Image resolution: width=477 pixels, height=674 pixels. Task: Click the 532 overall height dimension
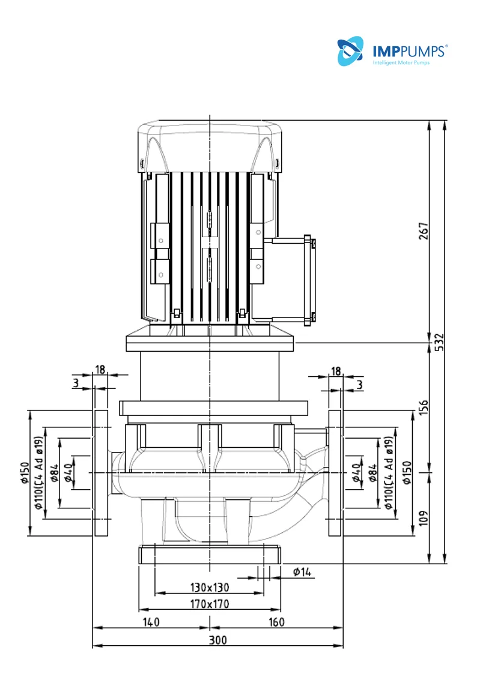pyautogui.click(x=439, y=342)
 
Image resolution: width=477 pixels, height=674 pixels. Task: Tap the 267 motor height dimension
pyautogui.click(x=424, y=231)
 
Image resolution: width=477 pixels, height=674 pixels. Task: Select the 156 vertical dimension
pyautogui.click(x=424, y=408)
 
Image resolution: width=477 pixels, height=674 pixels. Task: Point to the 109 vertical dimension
pyautogui.click(x=424, y=518)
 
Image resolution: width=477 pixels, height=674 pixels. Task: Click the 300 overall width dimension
pyautogui.click(x=217, y=640)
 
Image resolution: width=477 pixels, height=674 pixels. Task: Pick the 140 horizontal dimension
pyautogui.click(x=151, y=622)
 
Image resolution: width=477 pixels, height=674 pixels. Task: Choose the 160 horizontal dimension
pyautogui.click(x=276, y=622)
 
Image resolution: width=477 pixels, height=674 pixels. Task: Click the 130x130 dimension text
pyautogui.click(x=210, y=587)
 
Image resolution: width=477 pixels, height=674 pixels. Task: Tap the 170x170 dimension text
pyautogui.click(x=210, y=604)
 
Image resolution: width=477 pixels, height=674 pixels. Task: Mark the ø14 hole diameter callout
pyautogui.click(x=302, y=572)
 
